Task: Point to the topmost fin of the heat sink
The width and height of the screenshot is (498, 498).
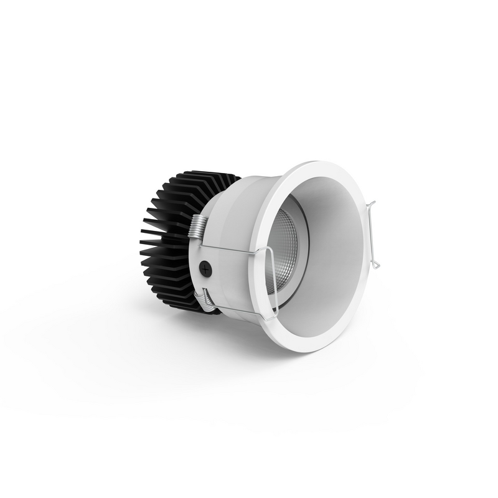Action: pyautogui.click(x=205, y=172)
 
